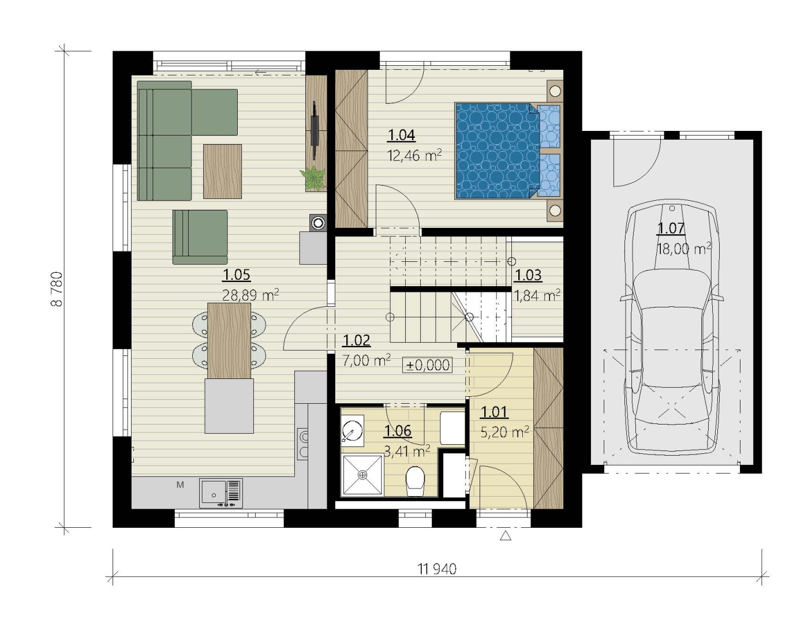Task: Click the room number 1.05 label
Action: pyautogui.click(x=236, y=275)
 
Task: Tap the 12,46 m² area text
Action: pyautogui.click(x=414, y=155)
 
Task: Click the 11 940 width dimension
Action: pyautogui.click(x=437, y=569)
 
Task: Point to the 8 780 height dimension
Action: pyautogui.click(x=57, y=289)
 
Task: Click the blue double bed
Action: pyautogui.click(x=507, y=151)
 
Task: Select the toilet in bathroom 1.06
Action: pyautogui.click(x=416, y=481)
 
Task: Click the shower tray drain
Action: pyautogui.click(x=362, y=475)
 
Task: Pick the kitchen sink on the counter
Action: pyautogui.click(x=221, y=493)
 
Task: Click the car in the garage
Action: pyautogui.click(x=672, y=327)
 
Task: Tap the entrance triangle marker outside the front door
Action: pyautogui.click(x=506, y=535)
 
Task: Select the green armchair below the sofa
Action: pyautogui.click(x=200, y=237)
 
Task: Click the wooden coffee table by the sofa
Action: pyautogui.click(x=222, y=171)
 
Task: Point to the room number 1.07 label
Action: pyautogui.click(x=671, y=228)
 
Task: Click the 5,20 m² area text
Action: pyautogui.click(x=504, y=432)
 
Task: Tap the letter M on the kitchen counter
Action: pyautogui.click(x=180, y=485)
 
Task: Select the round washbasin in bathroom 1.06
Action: pyautogui.click(x=351, y=430)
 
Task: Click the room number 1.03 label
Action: pyautogui.click(x=528, y=275)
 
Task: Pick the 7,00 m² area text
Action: pyautogui.click(x=366, y=360)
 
